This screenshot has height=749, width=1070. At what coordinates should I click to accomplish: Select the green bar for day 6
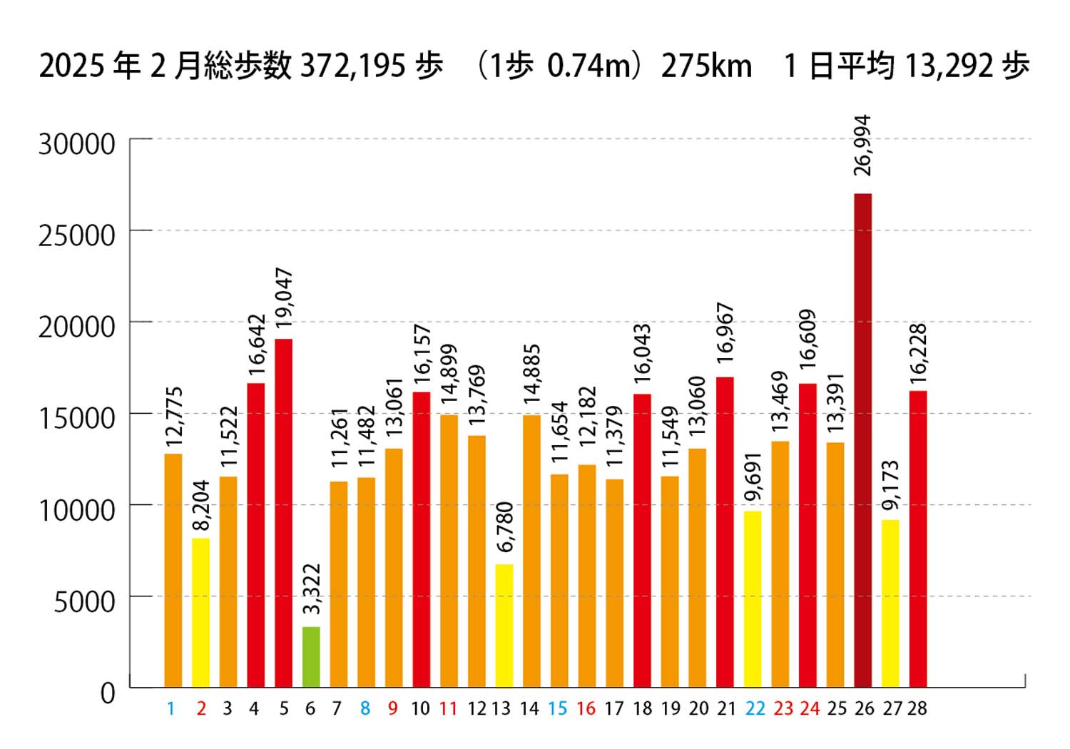[x=311, y=657]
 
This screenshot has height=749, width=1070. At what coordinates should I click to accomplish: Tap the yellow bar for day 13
[x=504, y=626]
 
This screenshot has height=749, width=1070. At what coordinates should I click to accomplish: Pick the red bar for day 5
[x=283, y=513]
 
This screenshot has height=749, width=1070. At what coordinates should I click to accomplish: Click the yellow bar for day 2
[x=200, y=613]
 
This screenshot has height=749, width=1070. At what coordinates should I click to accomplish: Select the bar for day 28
[x=917, y=539]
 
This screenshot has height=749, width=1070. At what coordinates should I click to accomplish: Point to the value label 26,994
[x=862, y=145]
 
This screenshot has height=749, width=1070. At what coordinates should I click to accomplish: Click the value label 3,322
[x=312, y=589]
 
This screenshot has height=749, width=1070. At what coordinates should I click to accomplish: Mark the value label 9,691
[x=753, y=477]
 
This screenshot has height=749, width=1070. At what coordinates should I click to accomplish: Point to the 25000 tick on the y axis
[x=77, y=235]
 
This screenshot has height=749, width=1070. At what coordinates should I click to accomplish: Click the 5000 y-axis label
[x=85, y=601]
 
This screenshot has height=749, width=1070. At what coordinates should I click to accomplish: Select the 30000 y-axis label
[x=77, y=143]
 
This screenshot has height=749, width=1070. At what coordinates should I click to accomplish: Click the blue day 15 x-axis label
[x=557, y=708]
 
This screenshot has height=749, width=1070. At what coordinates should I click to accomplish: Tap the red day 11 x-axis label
[x=448, y=708]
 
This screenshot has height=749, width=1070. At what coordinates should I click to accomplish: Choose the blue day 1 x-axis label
[x=170, y=708]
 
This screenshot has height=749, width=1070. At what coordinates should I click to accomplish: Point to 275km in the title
[x=706, y=66]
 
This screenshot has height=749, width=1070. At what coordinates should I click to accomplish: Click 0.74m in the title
[x=591, y=66]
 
